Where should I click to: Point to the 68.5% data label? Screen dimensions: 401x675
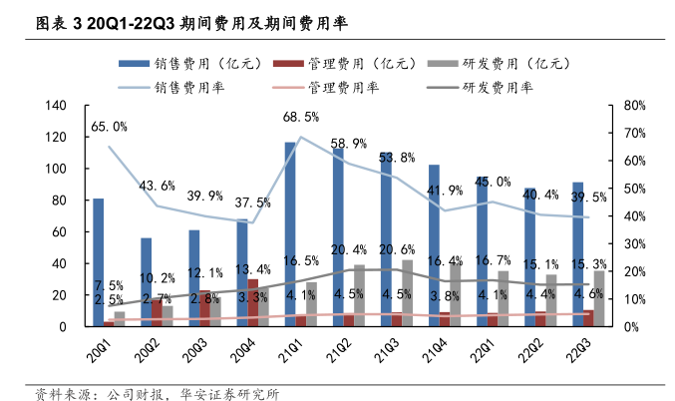coord(300,117)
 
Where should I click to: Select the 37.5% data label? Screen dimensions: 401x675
coord(252,202)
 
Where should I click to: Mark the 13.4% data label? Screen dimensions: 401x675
coord(252,269)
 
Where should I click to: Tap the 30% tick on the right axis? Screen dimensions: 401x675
coord(636,243)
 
